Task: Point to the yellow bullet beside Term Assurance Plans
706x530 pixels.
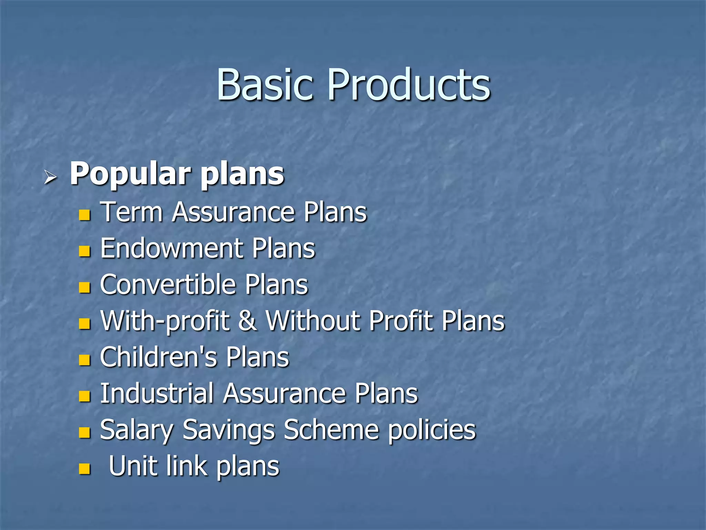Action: click(84, 215)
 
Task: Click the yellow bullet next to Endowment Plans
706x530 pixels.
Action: click(84, 251)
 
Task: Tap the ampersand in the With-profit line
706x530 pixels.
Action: click(247, 321)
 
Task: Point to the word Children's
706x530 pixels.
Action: click(159, 357)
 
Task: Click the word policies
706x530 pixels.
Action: click(432, 430)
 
